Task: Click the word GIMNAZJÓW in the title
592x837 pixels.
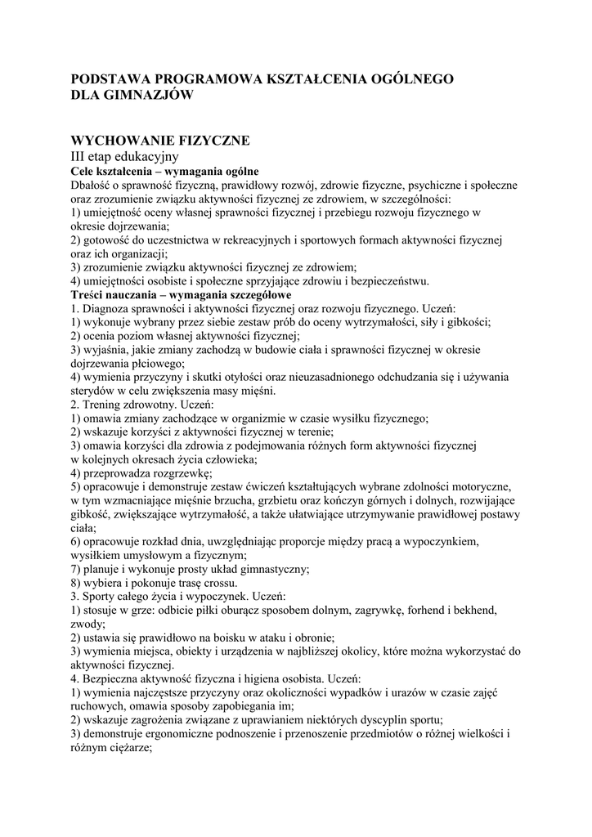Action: pyautogui.click(x=145, y=95)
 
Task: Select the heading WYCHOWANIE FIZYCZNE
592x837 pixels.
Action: pyautogui.click(x=160, y=140)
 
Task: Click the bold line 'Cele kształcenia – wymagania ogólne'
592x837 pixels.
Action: pyautogui.click(x=164, y=171)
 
